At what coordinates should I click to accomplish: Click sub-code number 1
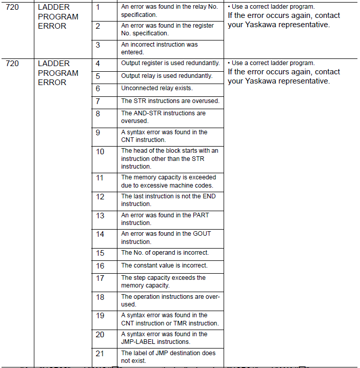[98, 7]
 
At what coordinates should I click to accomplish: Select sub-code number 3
[98, 45]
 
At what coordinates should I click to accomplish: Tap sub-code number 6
[98, 88]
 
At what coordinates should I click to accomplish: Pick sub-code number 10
[100, 151]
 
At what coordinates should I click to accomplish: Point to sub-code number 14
[100, 234]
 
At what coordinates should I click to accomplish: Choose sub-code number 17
[100, 278]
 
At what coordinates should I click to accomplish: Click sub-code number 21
[100, 353]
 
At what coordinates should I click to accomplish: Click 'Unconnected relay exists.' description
[157, 88]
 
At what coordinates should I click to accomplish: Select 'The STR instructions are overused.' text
[170, 101]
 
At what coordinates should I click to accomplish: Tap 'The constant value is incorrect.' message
[164, 265]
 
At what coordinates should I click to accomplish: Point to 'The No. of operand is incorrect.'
[165, 253]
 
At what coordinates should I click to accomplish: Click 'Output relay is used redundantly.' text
[167, 76]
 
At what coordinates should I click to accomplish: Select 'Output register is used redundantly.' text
[170, 63]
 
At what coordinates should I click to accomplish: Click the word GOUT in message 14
[201, 234]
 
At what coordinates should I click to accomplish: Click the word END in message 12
[209, 196]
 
